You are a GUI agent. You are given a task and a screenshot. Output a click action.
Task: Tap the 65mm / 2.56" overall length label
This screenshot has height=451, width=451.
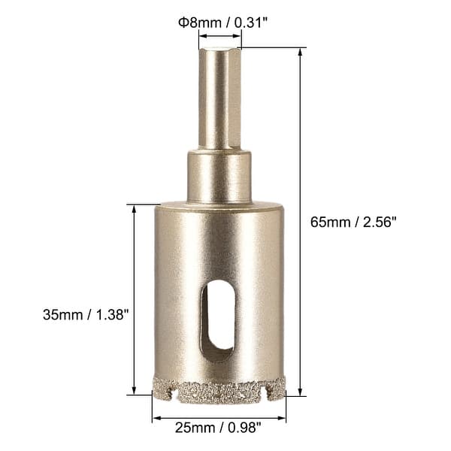(x=353, y=222)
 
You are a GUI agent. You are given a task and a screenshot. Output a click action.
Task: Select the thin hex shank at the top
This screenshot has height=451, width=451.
(x=219, y=98)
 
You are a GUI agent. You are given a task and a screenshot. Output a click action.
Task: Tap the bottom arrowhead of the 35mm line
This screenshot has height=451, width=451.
(x=135, y=392)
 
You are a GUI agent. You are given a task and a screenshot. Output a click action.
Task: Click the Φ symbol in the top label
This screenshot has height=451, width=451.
(x=182, y=22)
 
